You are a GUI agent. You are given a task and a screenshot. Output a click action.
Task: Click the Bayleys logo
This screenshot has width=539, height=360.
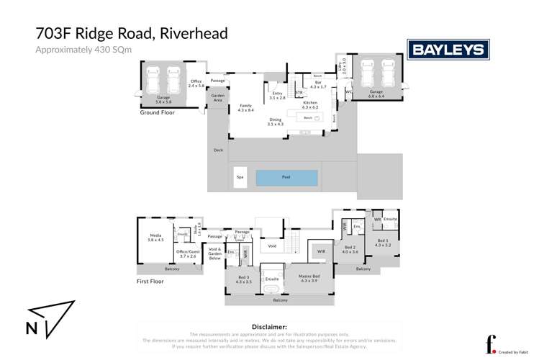(448, 50)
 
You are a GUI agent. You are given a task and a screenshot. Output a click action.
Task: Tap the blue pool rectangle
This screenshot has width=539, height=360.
(286, 177)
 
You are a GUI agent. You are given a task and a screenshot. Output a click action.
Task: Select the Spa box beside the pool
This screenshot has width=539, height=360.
(240, 177)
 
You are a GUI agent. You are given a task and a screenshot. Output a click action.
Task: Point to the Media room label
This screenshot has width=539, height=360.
(156, 238)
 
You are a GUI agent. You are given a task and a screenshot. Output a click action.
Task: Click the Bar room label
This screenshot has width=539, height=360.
(317, 84)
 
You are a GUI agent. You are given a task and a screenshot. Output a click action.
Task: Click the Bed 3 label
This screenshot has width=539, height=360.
(243, 279)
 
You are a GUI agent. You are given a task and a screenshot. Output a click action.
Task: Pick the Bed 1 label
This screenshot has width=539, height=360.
(382, 243)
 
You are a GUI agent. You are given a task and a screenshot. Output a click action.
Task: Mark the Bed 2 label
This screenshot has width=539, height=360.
(350, 249)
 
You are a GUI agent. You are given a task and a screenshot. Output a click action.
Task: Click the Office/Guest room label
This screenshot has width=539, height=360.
(187, 253)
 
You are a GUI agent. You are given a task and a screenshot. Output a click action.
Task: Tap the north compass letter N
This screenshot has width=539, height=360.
(32, 328)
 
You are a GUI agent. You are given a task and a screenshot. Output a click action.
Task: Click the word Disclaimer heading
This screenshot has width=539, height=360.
(269, 326)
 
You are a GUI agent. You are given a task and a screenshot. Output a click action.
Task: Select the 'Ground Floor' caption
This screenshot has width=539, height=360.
(158, 113)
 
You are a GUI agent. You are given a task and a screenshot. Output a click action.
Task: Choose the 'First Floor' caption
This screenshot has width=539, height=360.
(150, 282)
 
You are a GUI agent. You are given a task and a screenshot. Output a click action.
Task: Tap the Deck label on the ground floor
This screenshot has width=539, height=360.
(218, 150)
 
